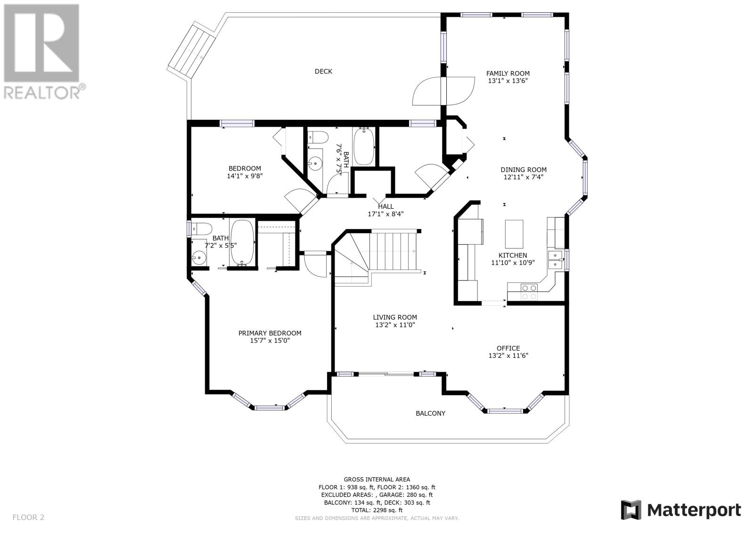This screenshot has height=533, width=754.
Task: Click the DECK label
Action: coord(323,71)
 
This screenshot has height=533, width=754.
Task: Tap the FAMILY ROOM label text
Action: coord(508,74)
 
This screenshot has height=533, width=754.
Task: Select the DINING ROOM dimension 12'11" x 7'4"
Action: coord(524,177)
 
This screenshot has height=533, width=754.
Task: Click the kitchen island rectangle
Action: coord(514,234)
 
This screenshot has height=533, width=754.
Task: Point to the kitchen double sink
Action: coord(556,260)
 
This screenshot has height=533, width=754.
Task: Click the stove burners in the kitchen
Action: coord(529,292)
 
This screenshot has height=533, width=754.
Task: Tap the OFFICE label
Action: coord(508,348)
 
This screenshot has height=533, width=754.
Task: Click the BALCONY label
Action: coord(430,413)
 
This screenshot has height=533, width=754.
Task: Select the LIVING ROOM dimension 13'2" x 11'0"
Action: coord(395,325)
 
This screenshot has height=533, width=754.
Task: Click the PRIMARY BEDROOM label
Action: coord(270,333)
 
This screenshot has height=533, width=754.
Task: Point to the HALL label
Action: coord(385,206)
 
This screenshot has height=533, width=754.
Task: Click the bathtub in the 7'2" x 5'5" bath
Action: coord(242,243)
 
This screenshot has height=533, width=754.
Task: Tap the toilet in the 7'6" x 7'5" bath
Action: coord(318,137)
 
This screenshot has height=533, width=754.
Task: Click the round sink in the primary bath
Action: coord(199,258)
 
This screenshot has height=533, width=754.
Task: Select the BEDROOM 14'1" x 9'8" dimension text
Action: coord(245,176)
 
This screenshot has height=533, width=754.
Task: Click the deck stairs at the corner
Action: coord(191,50)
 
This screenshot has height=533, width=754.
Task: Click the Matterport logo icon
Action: coord(631,510)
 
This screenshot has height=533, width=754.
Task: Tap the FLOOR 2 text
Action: coord(28,517)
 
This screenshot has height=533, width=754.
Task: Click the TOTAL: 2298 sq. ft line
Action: coord(377,510)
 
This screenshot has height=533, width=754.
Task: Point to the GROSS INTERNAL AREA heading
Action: coord(377,479)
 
